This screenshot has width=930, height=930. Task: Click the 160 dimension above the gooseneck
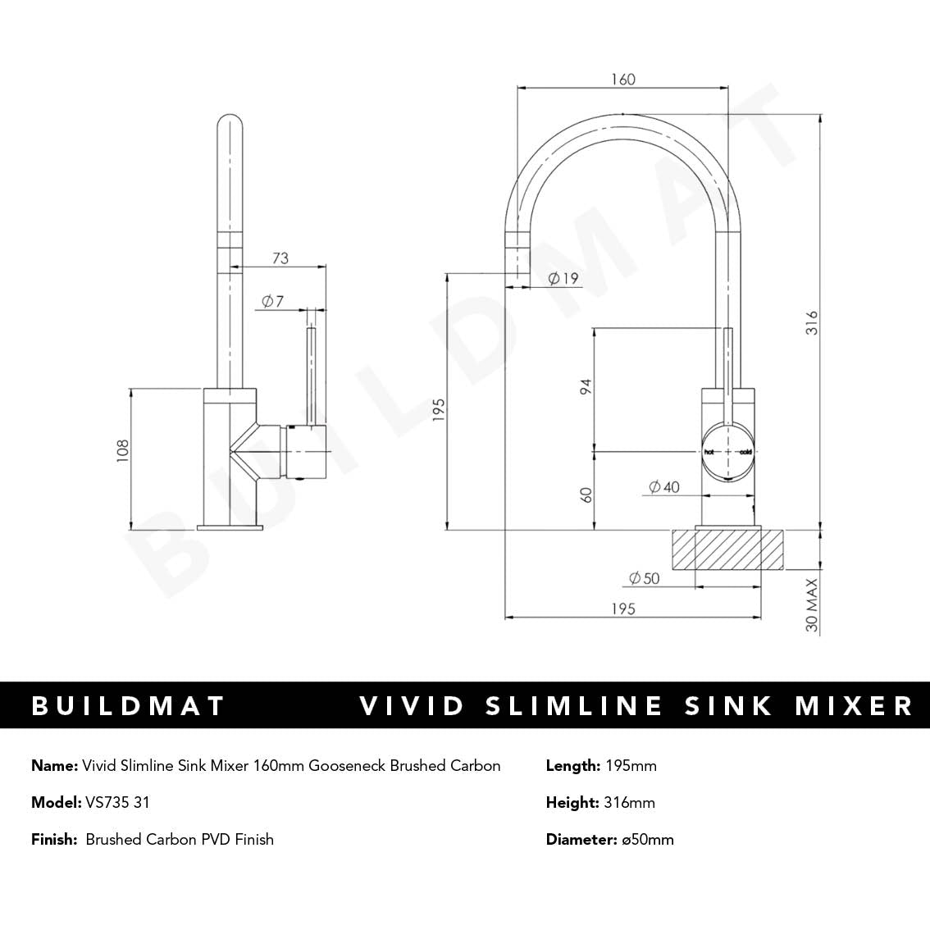(x=623, y=80)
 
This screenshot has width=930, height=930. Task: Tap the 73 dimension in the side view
(x=280, y=258)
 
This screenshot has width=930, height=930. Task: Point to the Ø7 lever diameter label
(x=272, y=302)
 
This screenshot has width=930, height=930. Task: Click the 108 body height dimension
(x=123, y=452)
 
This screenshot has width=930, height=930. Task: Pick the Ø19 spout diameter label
(x=563, y=278)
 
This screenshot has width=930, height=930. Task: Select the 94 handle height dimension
(x=586, y=386)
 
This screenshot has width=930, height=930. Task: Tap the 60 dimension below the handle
(x=586, y=495)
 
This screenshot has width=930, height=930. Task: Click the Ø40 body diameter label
(x=663, y=487)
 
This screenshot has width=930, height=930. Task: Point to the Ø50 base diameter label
(x=644, y=578)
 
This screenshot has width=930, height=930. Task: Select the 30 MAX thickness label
(x=811, y=605)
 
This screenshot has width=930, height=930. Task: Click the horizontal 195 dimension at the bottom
(x=622, y=609)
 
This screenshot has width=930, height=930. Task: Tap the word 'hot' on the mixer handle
(x=709, y=452)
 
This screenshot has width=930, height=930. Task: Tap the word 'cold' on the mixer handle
(x=745, y=452)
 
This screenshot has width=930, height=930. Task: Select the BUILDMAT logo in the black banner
(x=128, y=706)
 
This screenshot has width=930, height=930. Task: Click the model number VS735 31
(x=117, y=802)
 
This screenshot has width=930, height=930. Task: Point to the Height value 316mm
(x=629, y=802)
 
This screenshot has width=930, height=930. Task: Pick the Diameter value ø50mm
(x=646, y=839)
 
